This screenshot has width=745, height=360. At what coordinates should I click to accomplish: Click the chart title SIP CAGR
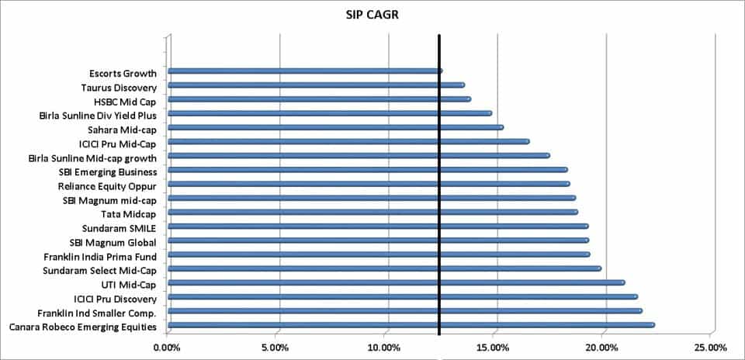(372, 15)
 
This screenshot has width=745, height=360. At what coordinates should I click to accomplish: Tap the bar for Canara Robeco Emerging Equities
(411, 325)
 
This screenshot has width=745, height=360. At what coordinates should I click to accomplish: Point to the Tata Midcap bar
(372, 212)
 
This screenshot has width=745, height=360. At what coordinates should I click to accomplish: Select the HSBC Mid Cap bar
(319, 99)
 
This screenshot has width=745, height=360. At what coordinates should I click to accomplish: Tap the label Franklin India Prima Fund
(101, 256)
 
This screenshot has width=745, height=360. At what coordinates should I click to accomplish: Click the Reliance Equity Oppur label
(108, 186)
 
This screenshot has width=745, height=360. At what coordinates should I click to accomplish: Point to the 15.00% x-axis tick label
(494, 347)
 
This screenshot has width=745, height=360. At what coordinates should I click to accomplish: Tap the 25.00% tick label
(712, 347)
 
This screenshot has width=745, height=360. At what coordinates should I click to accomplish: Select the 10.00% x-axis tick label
(386, 347)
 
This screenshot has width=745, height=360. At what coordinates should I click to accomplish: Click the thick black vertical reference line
(439, 194)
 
